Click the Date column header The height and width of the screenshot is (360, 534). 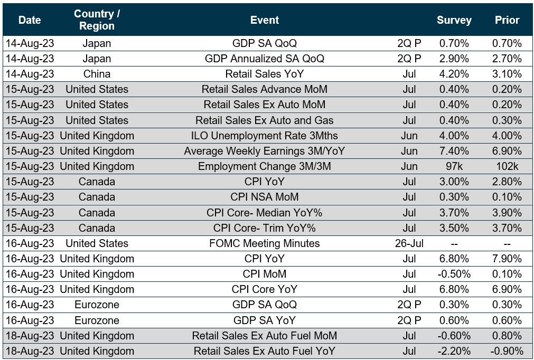click(x=30, y=20)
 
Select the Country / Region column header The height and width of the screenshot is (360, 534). click(x=97, y=20)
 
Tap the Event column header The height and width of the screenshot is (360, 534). click(x=265, y=20)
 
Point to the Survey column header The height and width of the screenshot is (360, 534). click(x=454, y=20)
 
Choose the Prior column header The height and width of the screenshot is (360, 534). click(x=507, y=20)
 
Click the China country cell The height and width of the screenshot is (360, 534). click(x=97, y=74)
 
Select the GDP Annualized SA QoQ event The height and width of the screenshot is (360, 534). click(x=265, y=59)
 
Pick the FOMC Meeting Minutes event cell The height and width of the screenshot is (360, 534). click(x=265, y=243)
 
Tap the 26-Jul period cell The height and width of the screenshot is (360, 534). click(x=409, y=243)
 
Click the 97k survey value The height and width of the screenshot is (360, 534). click(x=454, y=166)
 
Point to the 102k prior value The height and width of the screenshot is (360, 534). click(x=507, y=166)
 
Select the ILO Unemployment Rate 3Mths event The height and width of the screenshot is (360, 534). click(x=265, y=136)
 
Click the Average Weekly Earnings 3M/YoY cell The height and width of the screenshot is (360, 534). click(x=265, y=151)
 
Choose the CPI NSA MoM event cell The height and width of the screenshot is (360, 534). click(x=265, y=197)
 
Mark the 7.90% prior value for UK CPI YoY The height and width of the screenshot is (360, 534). click(x=507, y=259)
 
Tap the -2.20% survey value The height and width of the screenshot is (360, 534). click(x=454, y=351)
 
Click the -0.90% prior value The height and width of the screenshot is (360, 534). click(x=507, y=351)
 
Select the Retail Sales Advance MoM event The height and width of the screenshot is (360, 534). click(x=265, y=89)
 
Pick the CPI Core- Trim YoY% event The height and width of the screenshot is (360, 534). click(x=265, y=228)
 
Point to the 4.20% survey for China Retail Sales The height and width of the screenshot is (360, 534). click(x=454, y=74)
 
